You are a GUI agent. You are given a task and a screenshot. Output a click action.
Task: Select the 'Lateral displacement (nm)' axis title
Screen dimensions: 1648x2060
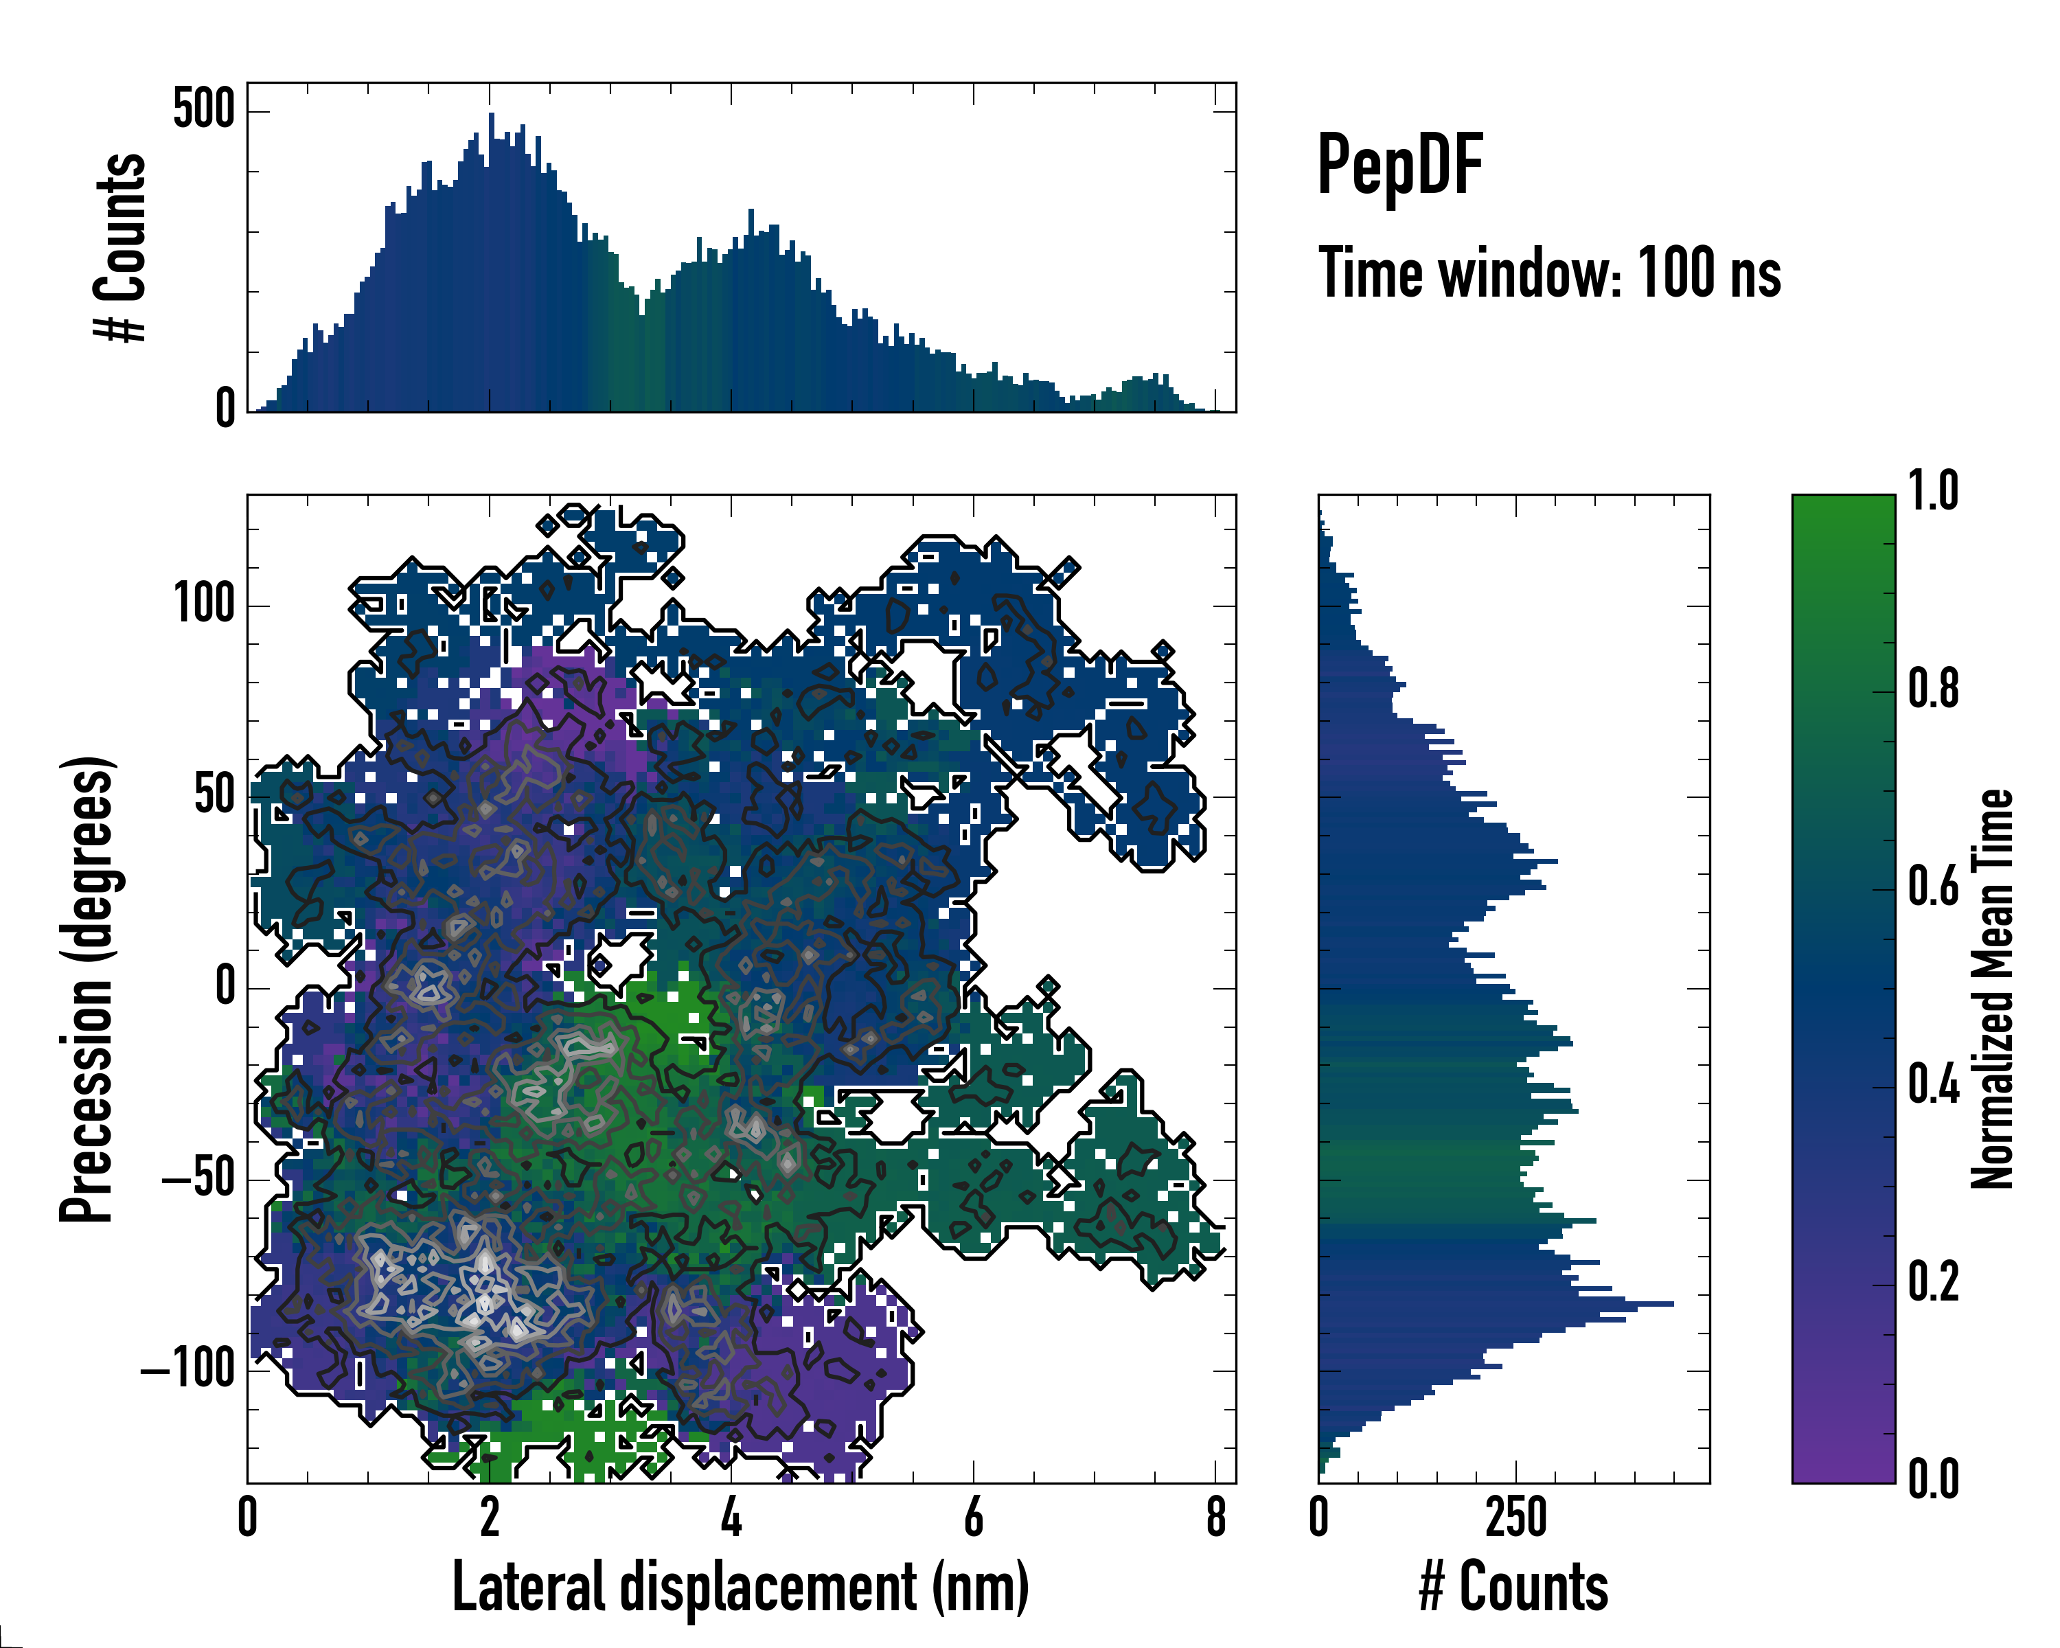point(740,1587)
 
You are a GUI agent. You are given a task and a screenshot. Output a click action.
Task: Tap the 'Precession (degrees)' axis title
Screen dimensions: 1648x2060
point(87,988)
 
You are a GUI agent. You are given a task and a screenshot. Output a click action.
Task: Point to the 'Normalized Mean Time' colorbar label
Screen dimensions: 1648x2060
point(1991,988)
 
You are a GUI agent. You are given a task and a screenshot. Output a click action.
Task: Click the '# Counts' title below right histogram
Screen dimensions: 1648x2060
point(1513,1587)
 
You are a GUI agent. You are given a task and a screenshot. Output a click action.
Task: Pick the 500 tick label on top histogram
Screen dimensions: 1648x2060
point(203,109)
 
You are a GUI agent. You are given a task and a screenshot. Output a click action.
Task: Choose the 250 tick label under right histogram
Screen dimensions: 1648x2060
point(1515,1518)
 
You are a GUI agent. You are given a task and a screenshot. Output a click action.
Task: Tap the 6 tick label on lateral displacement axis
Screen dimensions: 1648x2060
point(973,1518)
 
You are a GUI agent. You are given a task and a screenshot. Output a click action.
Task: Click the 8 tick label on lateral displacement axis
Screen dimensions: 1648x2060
point(1215,1518)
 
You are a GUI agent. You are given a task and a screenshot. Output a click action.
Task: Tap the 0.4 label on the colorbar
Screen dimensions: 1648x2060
point(1933,1086)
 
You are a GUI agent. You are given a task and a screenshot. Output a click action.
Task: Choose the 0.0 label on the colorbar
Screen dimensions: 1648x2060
point(1933,1479)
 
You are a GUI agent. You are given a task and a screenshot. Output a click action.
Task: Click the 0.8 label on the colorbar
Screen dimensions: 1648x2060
point(1933,690)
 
